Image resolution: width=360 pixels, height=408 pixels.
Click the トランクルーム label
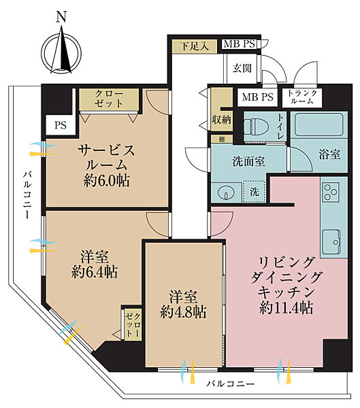point(300,97)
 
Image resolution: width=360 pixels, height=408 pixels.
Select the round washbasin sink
point(225,192)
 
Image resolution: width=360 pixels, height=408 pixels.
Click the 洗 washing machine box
point(254,192)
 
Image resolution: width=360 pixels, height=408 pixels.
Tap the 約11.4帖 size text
point(286,308)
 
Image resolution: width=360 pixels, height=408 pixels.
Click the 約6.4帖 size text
point(95,272)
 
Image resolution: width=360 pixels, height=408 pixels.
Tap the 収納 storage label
point(220,119)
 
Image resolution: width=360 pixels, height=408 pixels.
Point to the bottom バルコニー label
point(231,384)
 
